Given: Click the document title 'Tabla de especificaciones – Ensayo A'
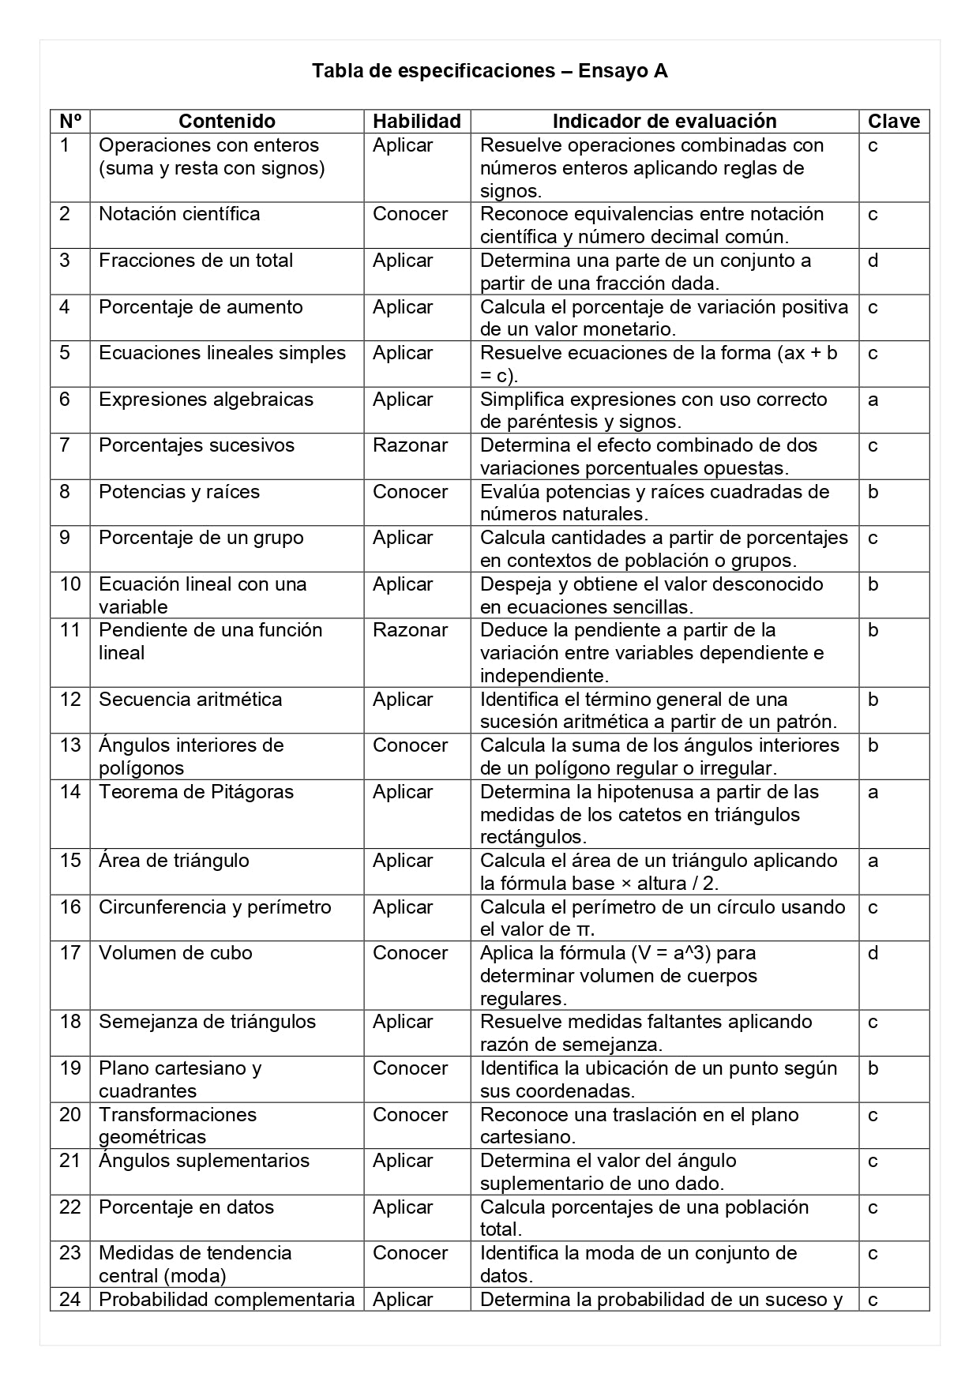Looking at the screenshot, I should [490, 71].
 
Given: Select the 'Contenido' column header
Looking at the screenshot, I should [227, 121].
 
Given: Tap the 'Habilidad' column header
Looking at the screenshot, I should [416, 121].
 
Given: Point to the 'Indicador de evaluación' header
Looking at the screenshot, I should [664, 121].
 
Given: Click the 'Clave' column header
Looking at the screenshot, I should [894, 121].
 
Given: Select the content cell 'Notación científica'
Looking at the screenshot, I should [179, 214].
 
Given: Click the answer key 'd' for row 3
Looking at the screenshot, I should [873, 261].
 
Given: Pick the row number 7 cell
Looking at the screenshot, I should [65, 445].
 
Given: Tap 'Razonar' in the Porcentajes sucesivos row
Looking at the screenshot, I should [410, 445].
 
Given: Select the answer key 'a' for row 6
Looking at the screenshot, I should [873, 400].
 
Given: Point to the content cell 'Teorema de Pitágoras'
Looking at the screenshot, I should [196, 792].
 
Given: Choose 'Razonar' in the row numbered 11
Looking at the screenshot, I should [410, 630].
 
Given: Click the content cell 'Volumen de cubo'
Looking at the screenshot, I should [175, 953].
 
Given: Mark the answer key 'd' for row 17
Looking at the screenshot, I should [873, 953].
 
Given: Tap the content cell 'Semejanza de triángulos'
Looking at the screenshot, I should [207, 1022].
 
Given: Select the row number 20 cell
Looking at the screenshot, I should [70, 1115].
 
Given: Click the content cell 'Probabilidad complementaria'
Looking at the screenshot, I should [227, 1300].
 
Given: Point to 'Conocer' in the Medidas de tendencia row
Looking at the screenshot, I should [410, 1253].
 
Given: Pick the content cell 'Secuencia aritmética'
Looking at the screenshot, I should [190, 700].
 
